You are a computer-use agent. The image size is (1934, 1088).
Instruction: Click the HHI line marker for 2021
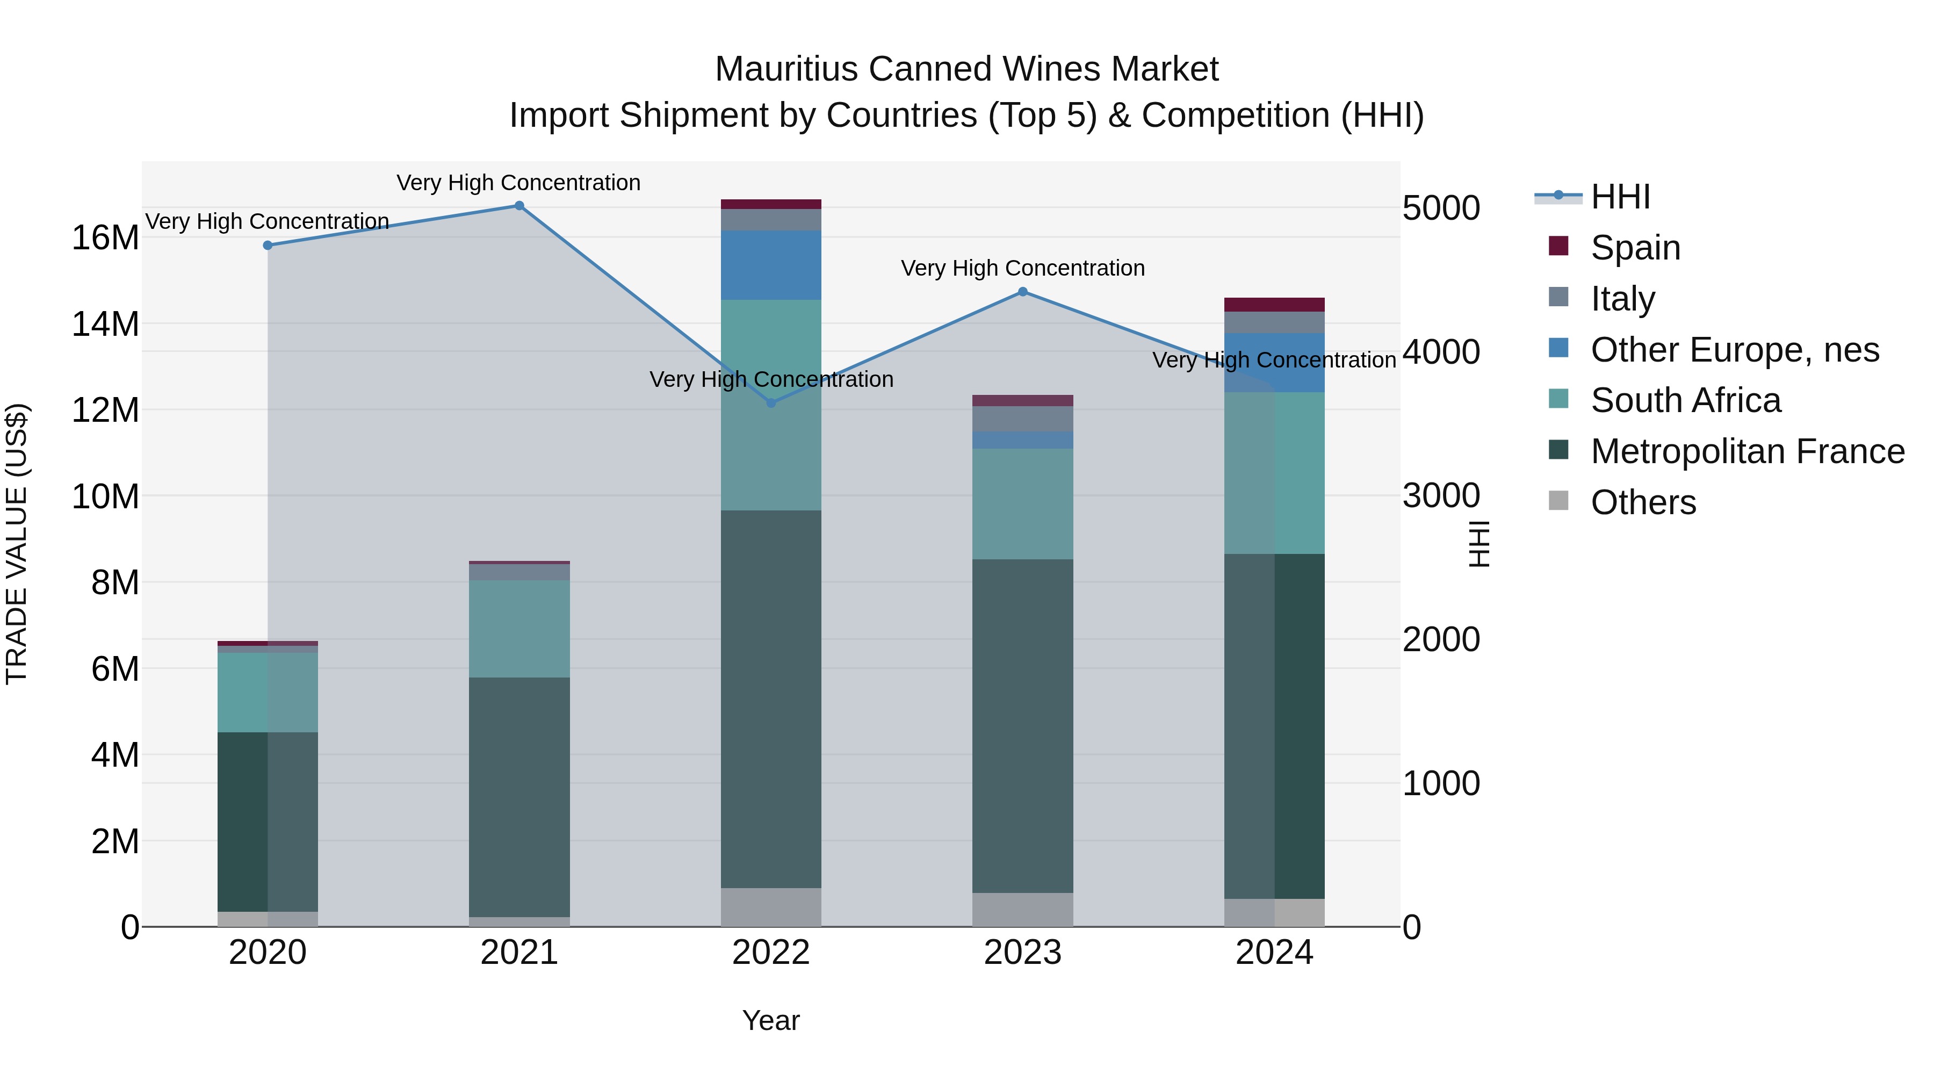pyautogui.click(x=519, y=206)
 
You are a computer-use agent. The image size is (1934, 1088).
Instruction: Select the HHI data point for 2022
pyautogui.click(x=771, y=403)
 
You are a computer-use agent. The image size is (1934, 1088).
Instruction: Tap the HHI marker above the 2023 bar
pyautogui.click(x=1022, y=292)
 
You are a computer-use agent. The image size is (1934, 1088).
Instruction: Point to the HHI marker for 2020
pyautogui.click(x=268, y=246)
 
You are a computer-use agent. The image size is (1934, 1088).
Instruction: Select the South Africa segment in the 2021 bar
pyautogui.click(x=519, y=629)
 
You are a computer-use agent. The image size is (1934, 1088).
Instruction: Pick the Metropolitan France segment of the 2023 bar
pyautogui.click(x=1022, y=725)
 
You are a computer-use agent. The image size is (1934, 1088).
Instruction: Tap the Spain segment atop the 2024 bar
pyautogui.click(x=1274, y=304)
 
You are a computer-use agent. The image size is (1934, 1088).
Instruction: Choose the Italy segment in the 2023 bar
pyautogui.click(x=1022, y=419)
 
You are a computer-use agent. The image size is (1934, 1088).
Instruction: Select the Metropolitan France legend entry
pyautogui.click(x=1747, y=452)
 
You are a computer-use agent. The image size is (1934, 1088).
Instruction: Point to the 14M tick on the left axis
pyautogui.click(x=105, y=325)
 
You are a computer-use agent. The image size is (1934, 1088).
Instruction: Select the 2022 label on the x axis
pyautogui.click(x=771, y=953)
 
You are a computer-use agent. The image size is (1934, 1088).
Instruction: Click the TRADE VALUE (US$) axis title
pyautogui.click(x=17, y=544)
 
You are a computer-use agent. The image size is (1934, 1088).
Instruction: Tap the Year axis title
pyautogui.click(x=771, y=1020)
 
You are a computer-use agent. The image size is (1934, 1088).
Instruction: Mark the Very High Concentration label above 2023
pyautogui.click(x=1022, y=268)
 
